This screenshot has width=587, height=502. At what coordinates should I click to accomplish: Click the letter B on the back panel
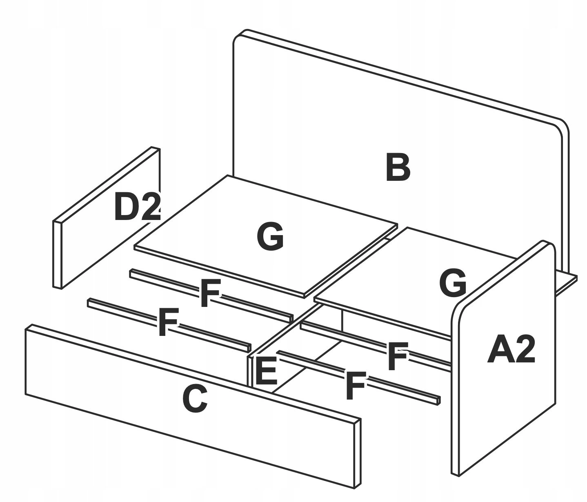[x=398, y=168]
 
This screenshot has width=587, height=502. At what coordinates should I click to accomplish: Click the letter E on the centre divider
[x=266, y=371]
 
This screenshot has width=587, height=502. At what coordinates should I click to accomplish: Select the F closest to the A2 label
[x=397, y=357]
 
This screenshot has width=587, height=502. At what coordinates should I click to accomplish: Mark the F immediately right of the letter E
[x=355, y=385]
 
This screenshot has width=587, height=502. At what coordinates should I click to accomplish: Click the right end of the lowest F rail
[x=438, y=400]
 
